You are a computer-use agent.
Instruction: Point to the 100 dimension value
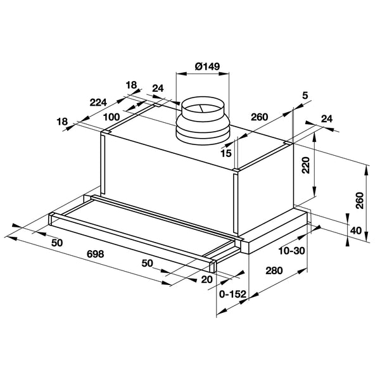[111, 117]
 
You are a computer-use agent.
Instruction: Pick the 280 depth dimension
[274, 271]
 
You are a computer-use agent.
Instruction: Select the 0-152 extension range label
[232, 294]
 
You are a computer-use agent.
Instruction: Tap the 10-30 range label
[292, 251]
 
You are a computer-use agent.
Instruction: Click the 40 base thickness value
[355, 231]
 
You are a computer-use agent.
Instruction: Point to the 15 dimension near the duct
[226, 153]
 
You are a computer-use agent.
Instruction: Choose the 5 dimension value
[305, 96]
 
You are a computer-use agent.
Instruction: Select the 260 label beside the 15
[258, 117]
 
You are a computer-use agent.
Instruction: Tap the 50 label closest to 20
[148, 262]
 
